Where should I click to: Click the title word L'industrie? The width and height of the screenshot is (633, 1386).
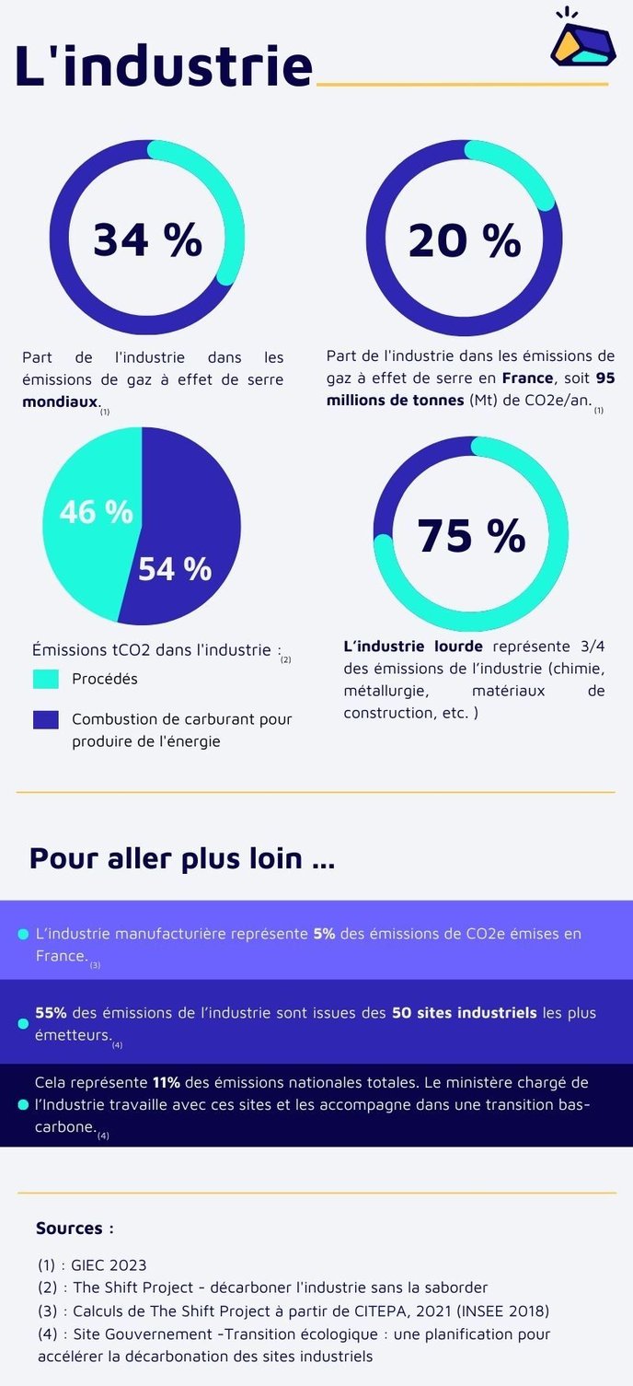(x=164, y=66)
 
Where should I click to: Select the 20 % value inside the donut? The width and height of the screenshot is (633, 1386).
(x=465, y=240)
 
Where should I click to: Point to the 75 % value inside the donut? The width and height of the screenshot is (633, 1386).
(x=471, y=535)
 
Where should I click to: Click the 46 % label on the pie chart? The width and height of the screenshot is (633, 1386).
(x=97, y=512)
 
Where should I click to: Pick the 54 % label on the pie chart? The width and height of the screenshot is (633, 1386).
(x=175, y=569)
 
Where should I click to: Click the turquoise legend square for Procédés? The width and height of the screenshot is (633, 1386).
(x=46, y=679)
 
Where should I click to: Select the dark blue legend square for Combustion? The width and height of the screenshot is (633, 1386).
(x=46, y=719)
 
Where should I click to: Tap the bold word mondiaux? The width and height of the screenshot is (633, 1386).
(x=60, y=402)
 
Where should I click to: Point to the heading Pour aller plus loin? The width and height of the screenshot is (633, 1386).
(x=181, y=857)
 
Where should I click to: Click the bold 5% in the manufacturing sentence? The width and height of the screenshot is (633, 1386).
(x=324, y=933)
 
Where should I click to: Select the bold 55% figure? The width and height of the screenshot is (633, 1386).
(x=51, y=1012)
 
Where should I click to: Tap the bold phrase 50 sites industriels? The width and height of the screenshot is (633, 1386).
(x=464, y=1012)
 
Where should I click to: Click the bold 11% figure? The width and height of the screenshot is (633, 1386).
(x=166, y=1082)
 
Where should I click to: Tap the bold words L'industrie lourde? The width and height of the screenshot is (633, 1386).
(x=412, y=646)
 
